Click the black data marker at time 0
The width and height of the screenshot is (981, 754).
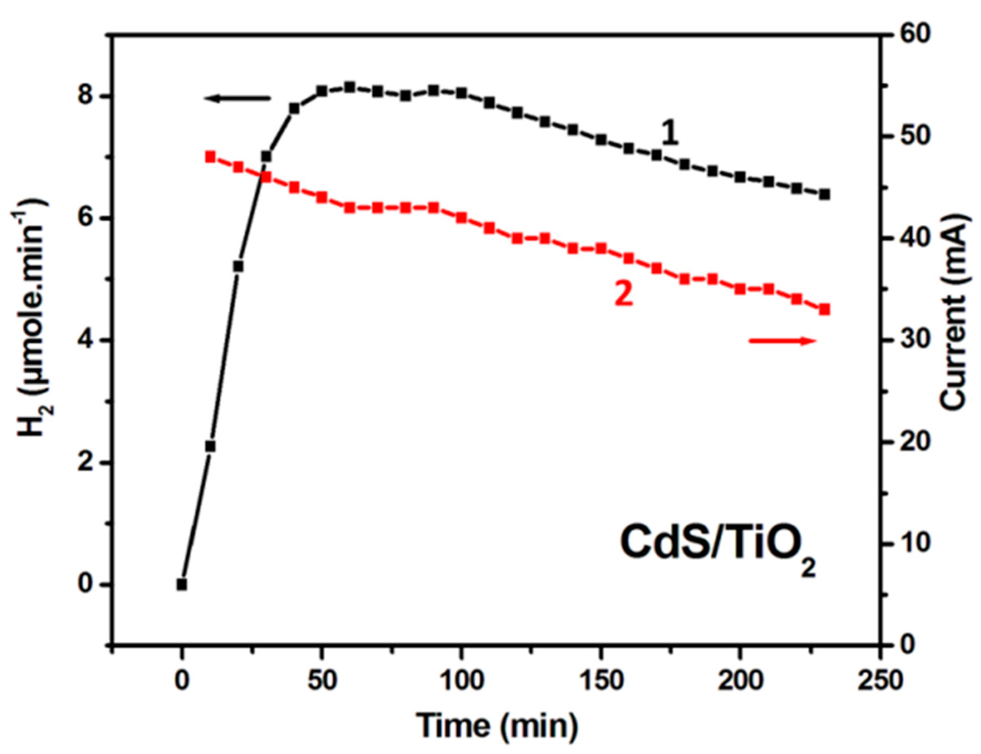point(182,585)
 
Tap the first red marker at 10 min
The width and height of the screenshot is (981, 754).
point(210,157)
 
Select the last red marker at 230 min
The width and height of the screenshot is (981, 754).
point(824,310)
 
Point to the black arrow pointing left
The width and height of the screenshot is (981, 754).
point(237,98)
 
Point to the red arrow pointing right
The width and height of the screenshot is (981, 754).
point(782,341)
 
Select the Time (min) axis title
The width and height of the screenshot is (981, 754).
point(497,725)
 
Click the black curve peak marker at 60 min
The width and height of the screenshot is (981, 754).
point(350,87)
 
